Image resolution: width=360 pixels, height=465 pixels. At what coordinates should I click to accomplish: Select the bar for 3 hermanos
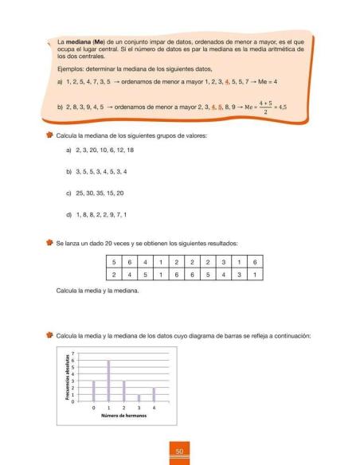click(x=139, y=398)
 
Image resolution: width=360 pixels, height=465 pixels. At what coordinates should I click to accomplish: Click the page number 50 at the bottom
click(x=180, y=453)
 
